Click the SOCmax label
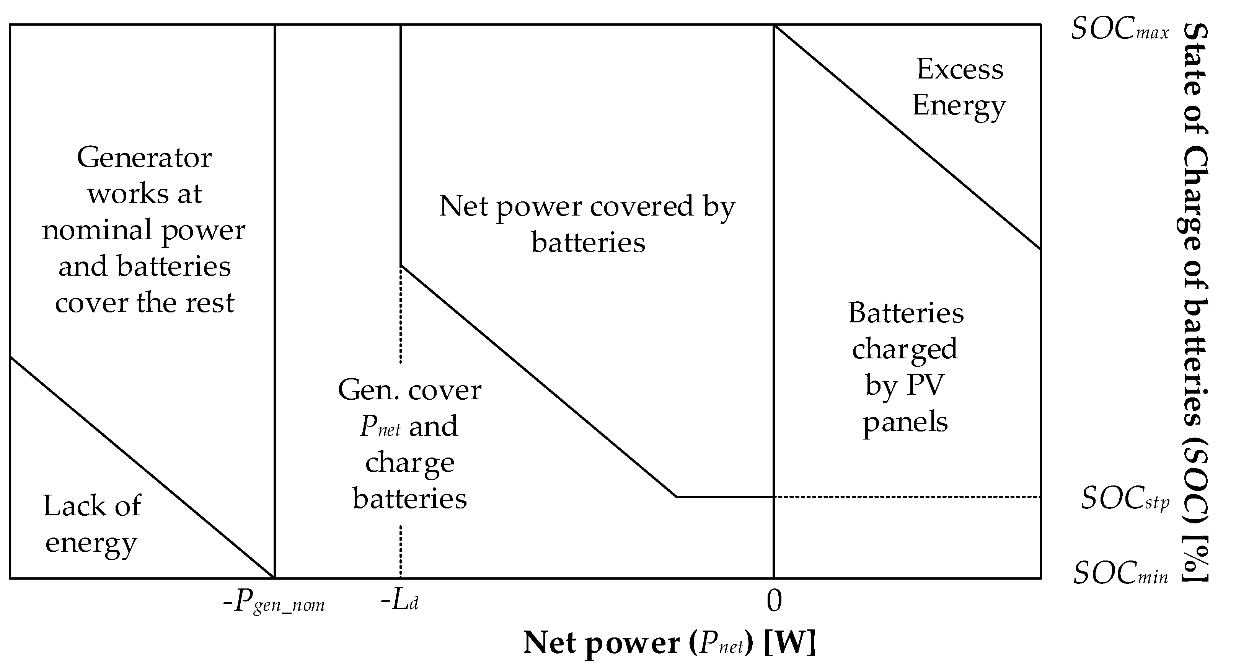1120,30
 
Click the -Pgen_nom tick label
274,602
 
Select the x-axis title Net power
669,643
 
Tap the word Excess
960,70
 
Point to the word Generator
144,158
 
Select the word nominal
96,230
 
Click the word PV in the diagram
926,385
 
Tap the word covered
641,206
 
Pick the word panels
905,423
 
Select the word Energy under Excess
959,106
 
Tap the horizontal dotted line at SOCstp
907,497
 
